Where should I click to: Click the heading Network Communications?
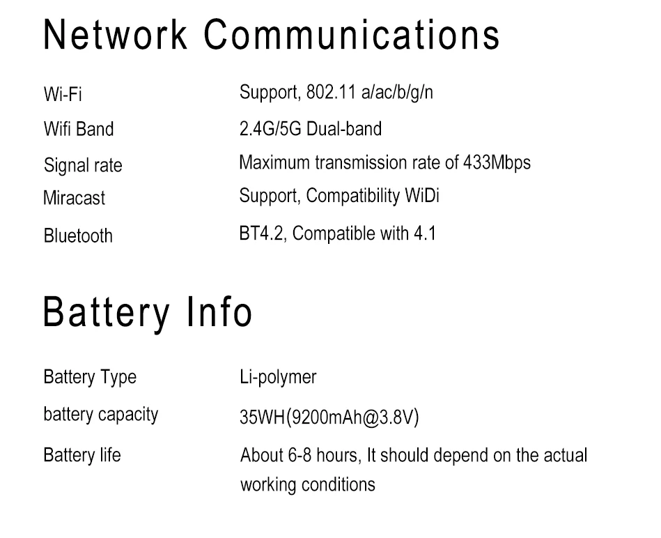272,35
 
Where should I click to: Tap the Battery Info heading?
147,313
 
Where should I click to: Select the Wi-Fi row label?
63,95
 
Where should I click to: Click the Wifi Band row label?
78,130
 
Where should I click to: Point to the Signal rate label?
82,166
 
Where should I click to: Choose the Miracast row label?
74,198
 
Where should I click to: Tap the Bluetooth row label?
77,236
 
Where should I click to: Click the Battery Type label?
89,378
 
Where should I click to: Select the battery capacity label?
100,415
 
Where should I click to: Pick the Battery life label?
81,456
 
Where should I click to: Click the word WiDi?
422,196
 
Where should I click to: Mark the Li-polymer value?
278,378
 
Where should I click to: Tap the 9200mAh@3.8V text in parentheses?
353,418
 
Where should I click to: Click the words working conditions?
307,485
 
